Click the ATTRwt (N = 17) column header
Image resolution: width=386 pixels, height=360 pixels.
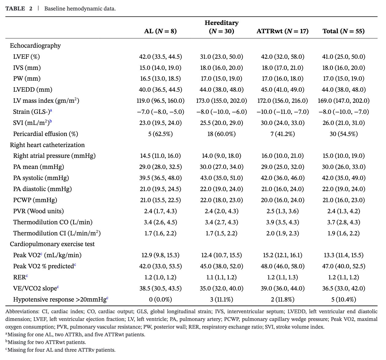282,31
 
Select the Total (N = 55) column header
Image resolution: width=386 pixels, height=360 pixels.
343,31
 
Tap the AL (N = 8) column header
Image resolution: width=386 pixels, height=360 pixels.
160,31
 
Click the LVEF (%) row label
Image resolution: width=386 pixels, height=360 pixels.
26,57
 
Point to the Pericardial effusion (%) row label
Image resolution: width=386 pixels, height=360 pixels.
45,134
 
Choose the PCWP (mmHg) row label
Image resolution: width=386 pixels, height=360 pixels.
35,200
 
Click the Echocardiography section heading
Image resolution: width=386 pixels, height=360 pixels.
35,46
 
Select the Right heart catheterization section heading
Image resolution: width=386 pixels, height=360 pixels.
47,145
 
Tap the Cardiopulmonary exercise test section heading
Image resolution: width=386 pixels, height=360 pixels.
52,244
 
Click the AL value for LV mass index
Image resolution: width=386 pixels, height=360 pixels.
160,101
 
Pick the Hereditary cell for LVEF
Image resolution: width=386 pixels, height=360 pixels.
221,57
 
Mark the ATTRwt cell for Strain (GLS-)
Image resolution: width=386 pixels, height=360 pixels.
282,112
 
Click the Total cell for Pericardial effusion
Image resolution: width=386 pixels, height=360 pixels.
343,134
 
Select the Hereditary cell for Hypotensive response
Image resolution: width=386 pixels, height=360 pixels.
221,299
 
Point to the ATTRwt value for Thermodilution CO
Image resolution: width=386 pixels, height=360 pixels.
282,222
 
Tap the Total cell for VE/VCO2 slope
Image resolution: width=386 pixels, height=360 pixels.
343,288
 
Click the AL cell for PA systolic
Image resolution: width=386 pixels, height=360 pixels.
160,178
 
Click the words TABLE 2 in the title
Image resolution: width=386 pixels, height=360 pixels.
19,9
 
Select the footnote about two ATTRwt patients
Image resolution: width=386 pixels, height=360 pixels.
46,342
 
